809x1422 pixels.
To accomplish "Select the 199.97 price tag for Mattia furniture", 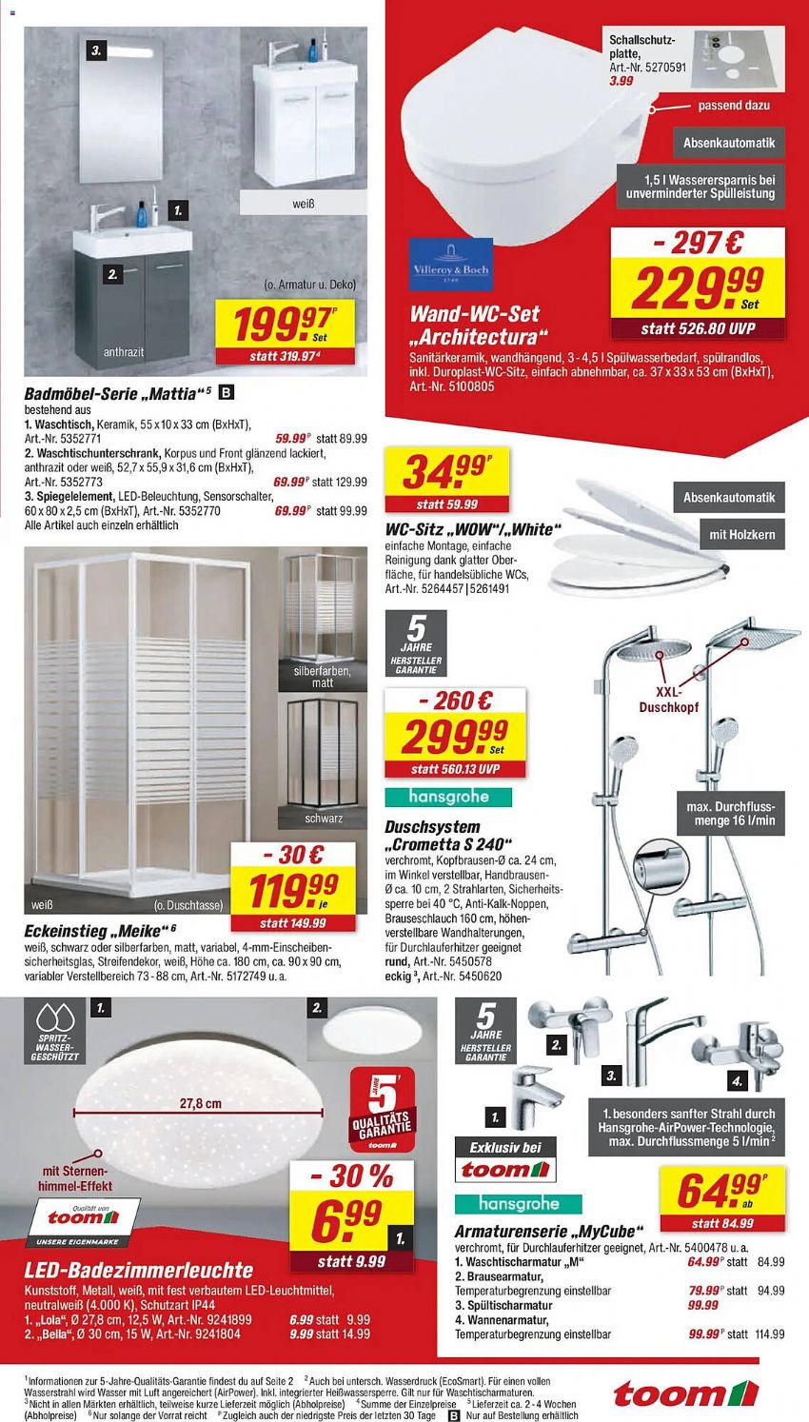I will click(282, 325).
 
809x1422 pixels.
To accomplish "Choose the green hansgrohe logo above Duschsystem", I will click(448, 796).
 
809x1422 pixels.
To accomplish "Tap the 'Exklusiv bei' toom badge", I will click(505, 1159).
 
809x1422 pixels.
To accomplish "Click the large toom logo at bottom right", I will click(685, 1394).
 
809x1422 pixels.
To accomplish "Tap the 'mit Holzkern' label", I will click(741, 535).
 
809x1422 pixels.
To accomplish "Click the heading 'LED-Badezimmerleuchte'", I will click(138, 1270).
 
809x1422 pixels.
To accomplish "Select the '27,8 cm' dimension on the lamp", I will click(200, 1104).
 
